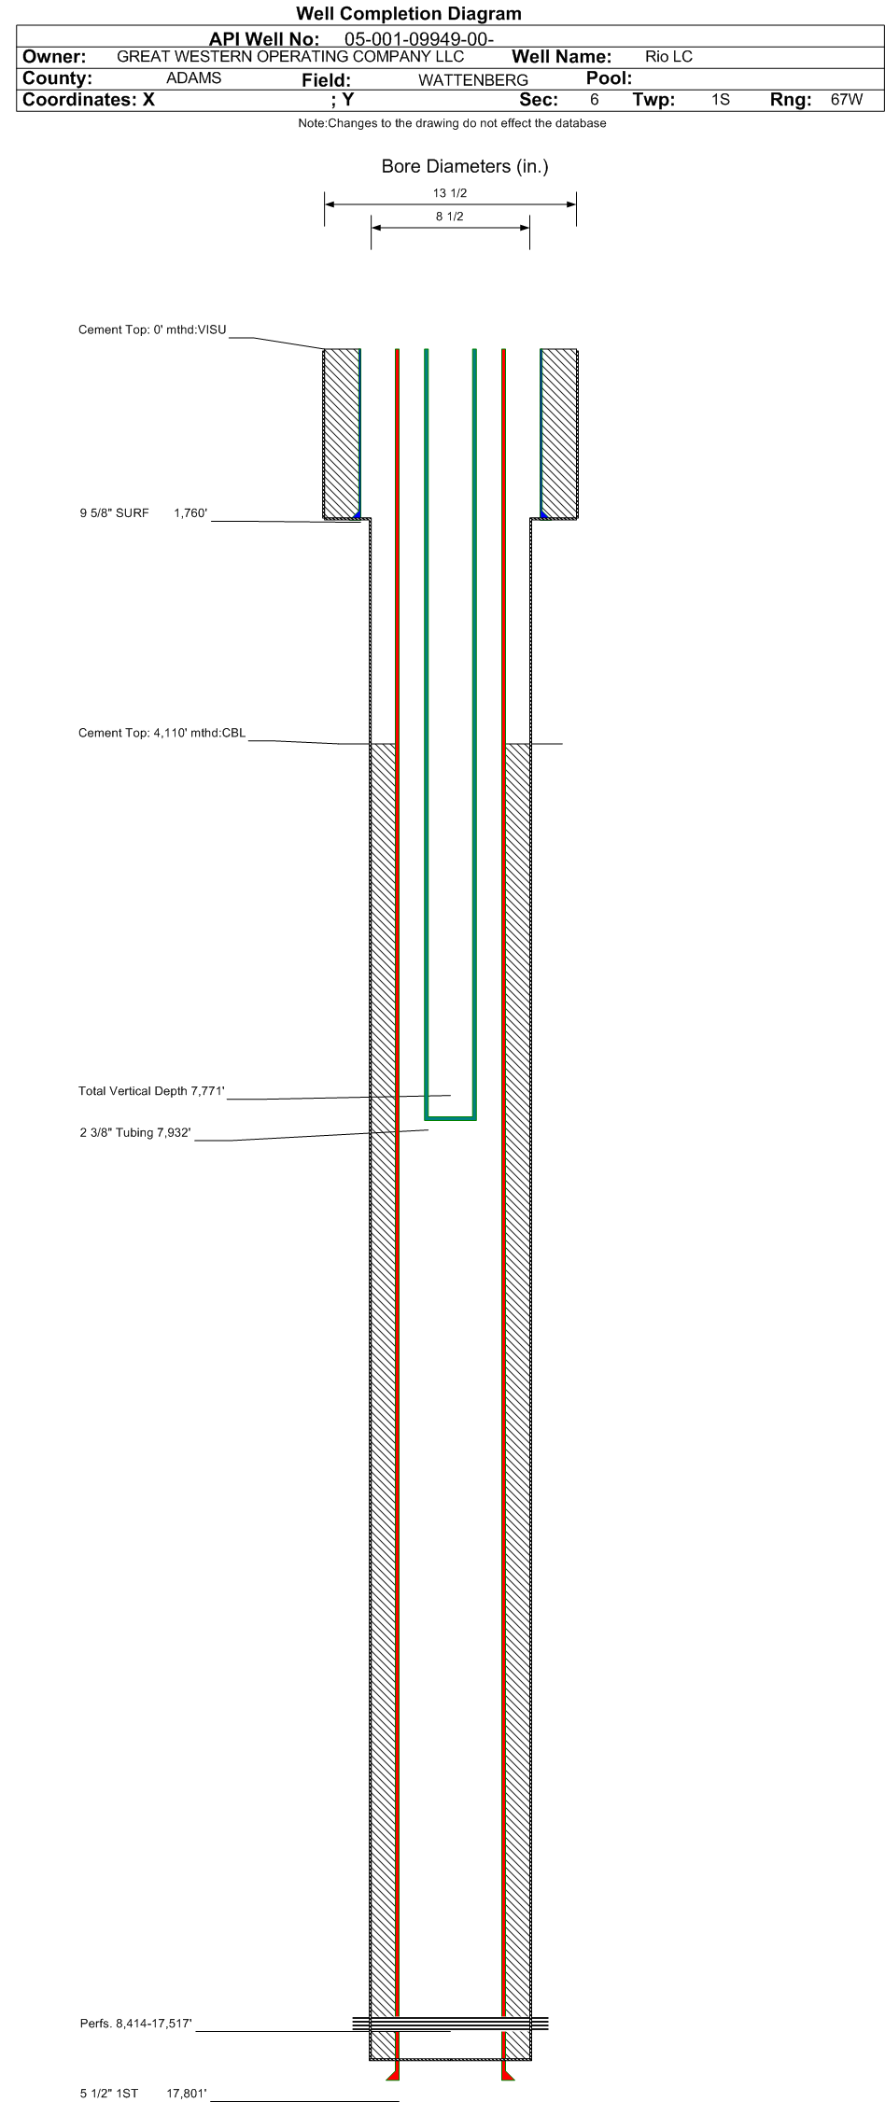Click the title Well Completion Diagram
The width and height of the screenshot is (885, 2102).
[x=408, y=13]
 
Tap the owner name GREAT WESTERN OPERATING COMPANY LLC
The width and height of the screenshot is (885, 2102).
[x=290, y=56]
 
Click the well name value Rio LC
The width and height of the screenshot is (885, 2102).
[x=668, y=57]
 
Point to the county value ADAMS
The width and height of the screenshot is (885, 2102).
[x=193, y=78]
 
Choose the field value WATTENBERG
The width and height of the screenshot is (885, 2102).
[x=473, y=80]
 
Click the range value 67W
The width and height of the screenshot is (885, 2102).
[x=847, y=99]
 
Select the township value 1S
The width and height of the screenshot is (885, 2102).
[x=720, y=99]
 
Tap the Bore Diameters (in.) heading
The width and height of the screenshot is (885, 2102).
[x=465, y=167]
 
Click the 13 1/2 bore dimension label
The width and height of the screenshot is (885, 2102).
[x=450, y=193]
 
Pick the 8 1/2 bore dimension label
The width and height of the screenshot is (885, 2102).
[x=450, y=217]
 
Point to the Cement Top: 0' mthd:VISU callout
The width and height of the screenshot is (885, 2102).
[x=152, y=329]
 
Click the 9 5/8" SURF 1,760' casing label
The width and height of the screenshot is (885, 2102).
[x=143, y=512]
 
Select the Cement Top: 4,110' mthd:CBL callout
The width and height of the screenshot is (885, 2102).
[x=162, y=733]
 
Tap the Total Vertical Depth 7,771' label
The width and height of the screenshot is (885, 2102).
[x=151, y=1091]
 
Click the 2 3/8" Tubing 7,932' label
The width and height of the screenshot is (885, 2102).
[x=135, y=1133]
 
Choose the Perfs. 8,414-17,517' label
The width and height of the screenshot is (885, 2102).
[x=136, y=2024]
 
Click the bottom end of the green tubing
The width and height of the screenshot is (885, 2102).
[x=451, y=1117]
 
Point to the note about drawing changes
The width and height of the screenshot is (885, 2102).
[x=452, y=123]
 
